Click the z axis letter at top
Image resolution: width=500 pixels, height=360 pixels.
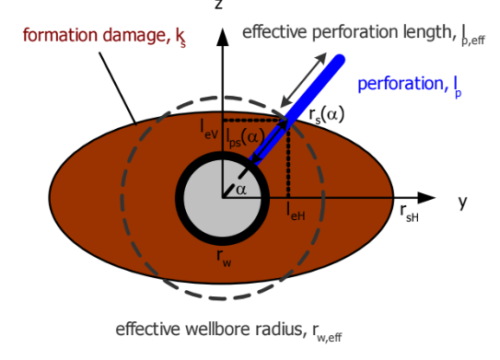tap(218, 5)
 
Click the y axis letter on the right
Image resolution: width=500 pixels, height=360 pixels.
tap(462, 202)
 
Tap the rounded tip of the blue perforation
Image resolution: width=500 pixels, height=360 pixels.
tap(342, 62)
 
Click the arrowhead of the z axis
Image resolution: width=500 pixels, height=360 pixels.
tap(221, 38)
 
